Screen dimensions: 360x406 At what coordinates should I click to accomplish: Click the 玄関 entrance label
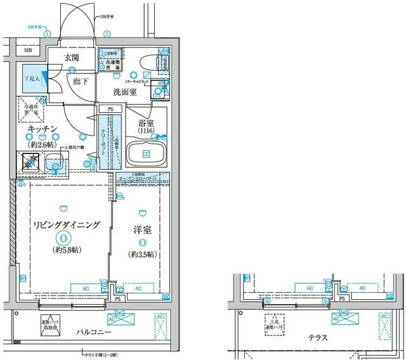72,58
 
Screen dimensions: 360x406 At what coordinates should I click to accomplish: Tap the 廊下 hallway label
79,81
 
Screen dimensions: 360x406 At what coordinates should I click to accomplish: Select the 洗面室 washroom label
125,93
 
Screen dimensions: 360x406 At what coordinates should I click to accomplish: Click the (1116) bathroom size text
146,132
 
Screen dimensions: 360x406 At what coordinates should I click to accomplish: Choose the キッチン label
44,129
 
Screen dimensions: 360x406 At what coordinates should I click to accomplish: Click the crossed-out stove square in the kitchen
29,162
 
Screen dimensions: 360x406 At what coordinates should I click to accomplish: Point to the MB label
27,50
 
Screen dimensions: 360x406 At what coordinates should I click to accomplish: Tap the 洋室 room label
142,231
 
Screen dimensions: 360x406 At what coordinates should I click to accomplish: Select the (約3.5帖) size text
142,254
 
